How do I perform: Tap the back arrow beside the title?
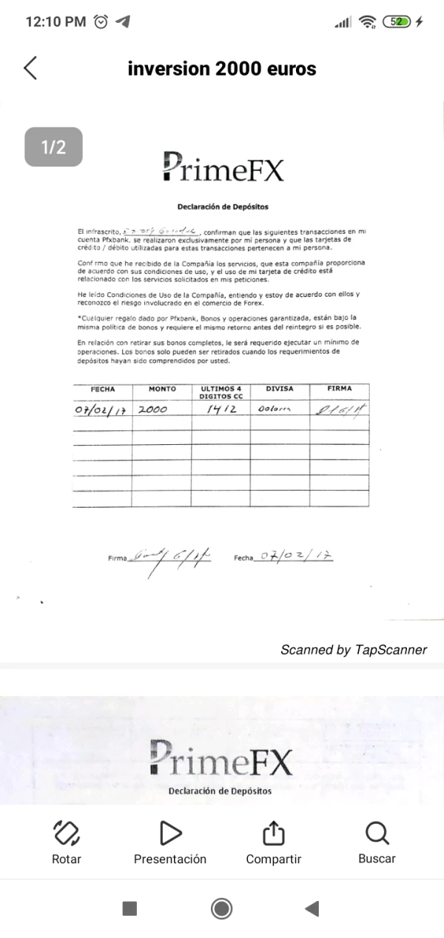click(x=30, y=68)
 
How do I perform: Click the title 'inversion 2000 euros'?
click(x=222, y=69)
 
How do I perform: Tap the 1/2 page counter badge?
click(x=53, y=147)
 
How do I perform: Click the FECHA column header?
click(x=102, y=389)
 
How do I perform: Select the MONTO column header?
click(x=162, y=389)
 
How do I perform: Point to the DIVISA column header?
click(x=280, y=389)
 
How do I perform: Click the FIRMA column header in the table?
click(x=339, y=389)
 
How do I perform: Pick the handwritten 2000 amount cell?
click(x=154, y=409)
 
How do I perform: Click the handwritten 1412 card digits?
click(x=221, y=409)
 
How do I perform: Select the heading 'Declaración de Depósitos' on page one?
click(x=222, y=207)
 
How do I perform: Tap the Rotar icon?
click(x=67, y=834)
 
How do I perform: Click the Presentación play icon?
click(x=170, y=834)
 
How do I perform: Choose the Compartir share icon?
click(x=273, y=834)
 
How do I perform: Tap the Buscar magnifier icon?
click(x=377, y=834)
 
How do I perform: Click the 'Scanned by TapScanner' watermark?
click(x=354, y=649)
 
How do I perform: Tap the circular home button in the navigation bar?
click(x=221, y=908)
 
